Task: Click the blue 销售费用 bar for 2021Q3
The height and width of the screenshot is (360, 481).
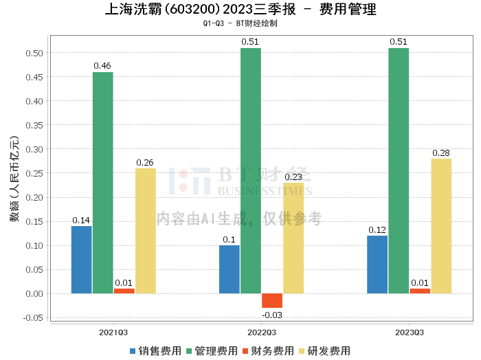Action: [82, 260]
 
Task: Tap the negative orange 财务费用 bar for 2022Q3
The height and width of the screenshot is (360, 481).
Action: [272, 300]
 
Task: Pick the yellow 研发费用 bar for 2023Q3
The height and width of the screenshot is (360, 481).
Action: [441, 226]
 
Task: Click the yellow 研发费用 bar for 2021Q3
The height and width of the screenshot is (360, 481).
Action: [145, 231]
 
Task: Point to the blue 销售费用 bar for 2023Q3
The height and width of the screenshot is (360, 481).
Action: [377, 265]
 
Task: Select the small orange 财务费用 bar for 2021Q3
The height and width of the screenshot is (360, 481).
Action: [124, 291]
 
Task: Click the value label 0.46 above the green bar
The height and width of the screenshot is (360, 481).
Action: [102, 66]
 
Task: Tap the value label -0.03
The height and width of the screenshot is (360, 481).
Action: [272, 315]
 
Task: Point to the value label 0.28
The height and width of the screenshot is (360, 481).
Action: [441, 153]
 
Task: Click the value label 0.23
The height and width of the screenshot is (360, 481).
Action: [293, 177]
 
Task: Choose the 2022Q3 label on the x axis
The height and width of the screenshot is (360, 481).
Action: [262, 331]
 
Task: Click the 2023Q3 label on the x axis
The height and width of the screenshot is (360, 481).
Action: [410, 331]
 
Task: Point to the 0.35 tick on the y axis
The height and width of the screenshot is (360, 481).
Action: [35, 125]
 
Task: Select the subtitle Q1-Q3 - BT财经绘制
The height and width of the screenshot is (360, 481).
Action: [240, 23]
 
